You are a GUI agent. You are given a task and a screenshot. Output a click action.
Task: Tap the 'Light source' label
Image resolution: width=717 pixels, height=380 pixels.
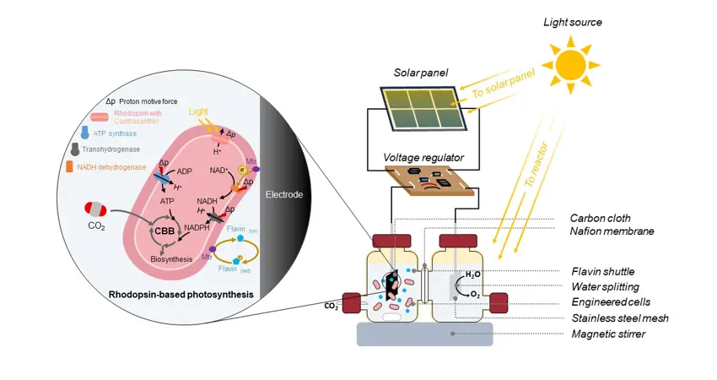tap(573, 21)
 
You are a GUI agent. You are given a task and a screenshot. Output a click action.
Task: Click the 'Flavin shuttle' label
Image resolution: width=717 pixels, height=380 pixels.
tap(601, 272)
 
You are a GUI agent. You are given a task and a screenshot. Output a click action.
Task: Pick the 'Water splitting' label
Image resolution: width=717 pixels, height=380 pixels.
tap(604, 287)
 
